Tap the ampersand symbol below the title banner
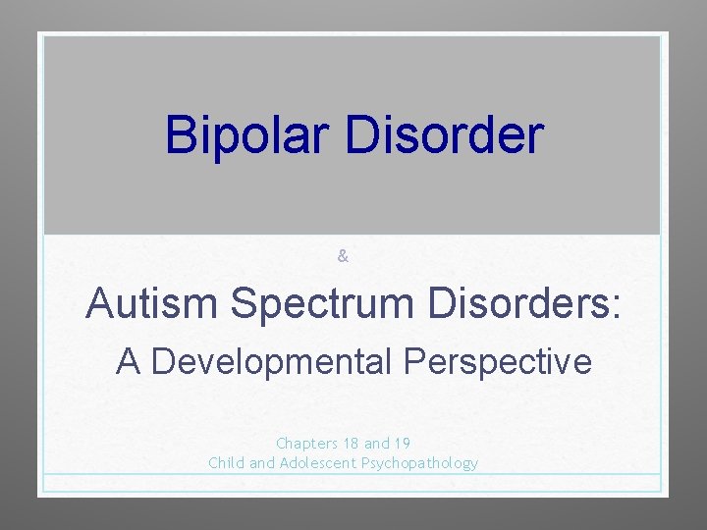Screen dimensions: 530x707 (x=343, y=256)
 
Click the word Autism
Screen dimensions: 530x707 (x=151, y=303)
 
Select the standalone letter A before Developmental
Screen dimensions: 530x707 (x=128, y=362)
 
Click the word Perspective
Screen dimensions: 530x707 (x=498, y=362)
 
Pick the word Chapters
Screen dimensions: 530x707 (x=307, y=444)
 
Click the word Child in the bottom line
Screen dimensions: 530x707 (x=227, y=463)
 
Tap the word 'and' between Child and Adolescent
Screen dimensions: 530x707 (x=262, y=463)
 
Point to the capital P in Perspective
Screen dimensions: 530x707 (x=413, y=362)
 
